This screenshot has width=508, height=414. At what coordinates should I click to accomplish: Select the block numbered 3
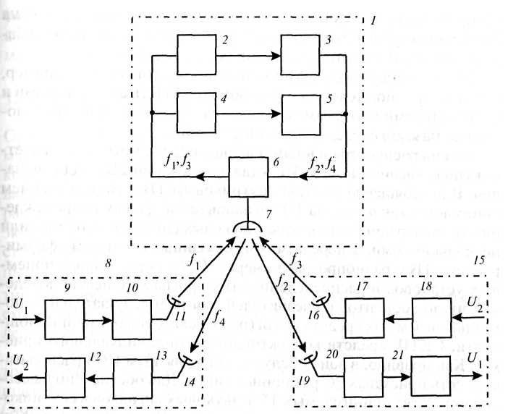point(304,55)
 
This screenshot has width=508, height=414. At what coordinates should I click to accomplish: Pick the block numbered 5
point(304,114)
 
